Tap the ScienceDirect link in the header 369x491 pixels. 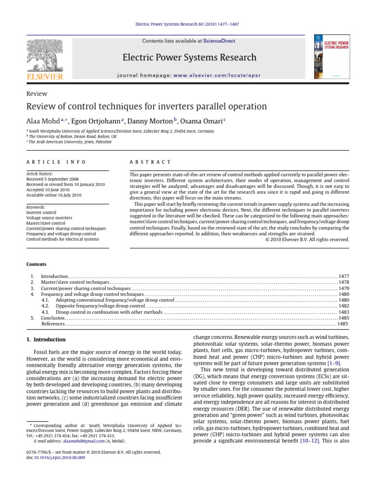219,41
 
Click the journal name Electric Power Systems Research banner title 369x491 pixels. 189,58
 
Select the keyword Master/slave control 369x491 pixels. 46,223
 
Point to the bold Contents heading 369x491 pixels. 37,264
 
